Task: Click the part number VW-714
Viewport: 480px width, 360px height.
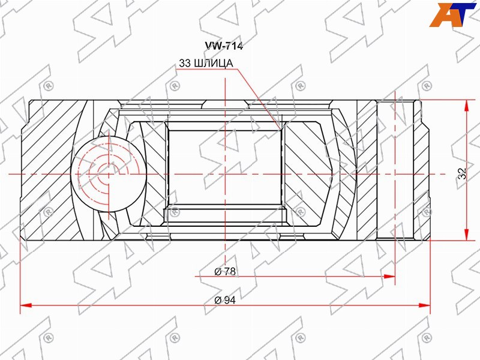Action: (224, 46)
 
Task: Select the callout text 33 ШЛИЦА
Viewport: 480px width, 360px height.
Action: (206, 63)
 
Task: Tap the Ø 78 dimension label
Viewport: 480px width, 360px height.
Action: (225, 271)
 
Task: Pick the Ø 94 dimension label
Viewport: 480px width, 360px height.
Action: (225, 300)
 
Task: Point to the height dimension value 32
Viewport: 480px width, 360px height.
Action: (463, 173)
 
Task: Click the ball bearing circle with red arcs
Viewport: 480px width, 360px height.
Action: (109, 174)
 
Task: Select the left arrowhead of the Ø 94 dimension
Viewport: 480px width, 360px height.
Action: (26, 305)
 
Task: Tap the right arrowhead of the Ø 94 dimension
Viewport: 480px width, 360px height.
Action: (424, 305)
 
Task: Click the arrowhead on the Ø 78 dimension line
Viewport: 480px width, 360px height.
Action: (389, 277)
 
